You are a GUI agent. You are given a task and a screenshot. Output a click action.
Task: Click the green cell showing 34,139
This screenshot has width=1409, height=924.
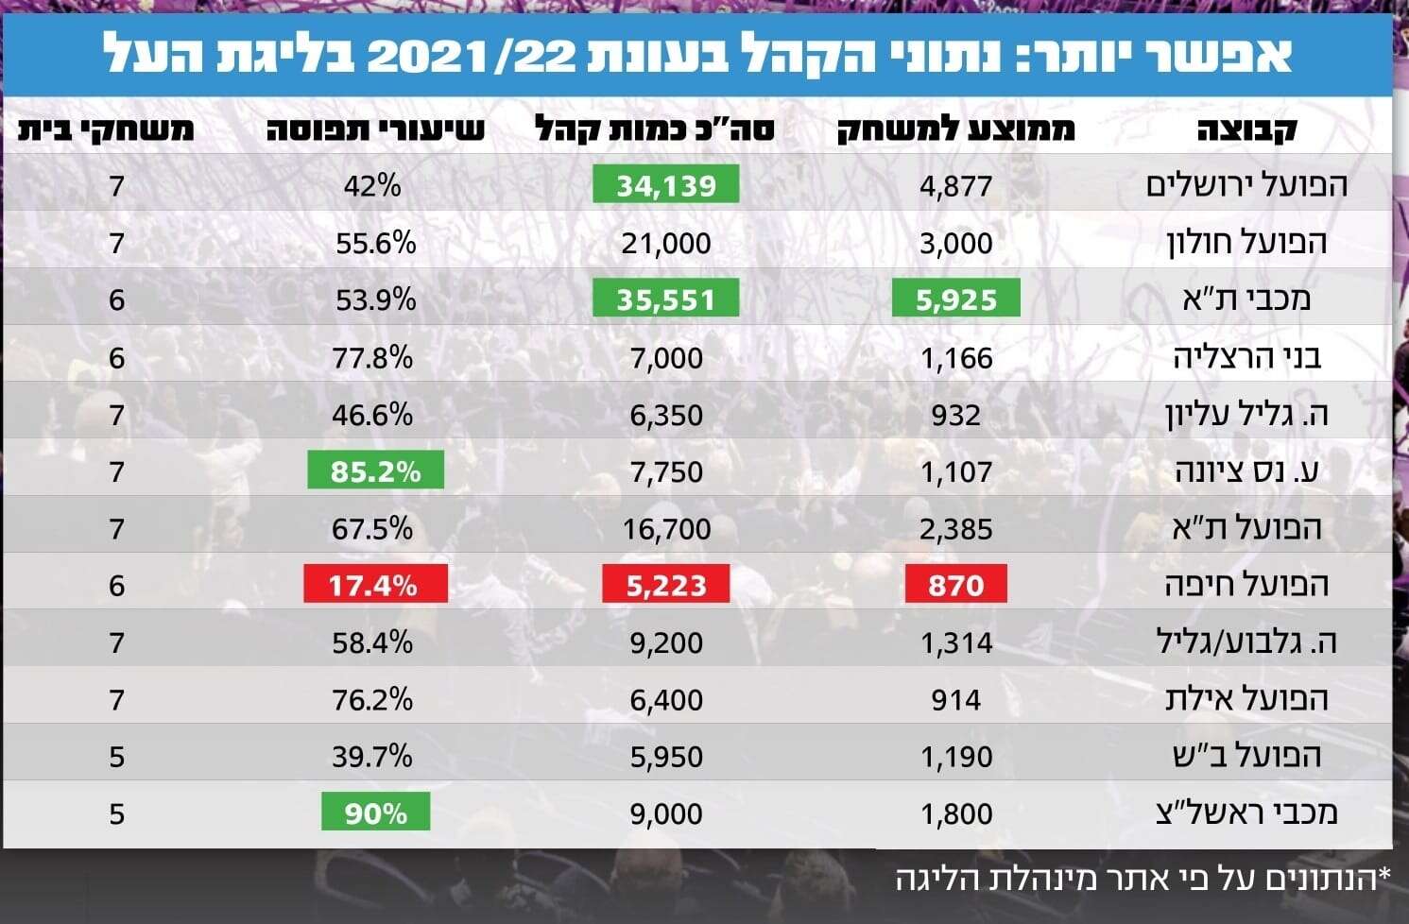click(x=665, y=185)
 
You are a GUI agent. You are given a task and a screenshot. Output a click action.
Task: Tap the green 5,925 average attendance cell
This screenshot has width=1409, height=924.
click(x=955, y=299)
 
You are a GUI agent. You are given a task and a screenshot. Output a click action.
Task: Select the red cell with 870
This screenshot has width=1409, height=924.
click(x=955, y=585)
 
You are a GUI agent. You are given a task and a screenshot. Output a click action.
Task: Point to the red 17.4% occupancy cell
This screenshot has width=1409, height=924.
click(x=374, y=585)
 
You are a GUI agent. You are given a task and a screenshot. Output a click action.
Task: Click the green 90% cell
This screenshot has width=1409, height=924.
click(x=375, y=813)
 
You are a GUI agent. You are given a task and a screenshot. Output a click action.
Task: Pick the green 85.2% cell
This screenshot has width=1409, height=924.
click(x=375, y=471)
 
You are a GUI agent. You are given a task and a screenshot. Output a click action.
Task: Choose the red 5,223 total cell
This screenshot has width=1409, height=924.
click(x=665, y=585)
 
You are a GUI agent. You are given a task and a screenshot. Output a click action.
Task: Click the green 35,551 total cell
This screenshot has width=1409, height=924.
click(x=665, y=299)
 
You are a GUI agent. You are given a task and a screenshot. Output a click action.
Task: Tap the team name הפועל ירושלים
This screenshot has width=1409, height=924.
click(x=1246, y=184)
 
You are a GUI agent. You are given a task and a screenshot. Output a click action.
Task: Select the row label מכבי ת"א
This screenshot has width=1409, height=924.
click(x=1246, y=299)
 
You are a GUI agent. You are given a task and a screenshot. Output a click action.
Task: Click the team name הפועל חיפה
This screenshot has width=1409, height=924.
click(x=1246, y=585)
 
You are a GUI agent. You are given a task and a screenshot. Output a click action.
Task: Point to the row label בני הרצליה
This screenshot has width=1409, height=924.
click(x=1246, y=357)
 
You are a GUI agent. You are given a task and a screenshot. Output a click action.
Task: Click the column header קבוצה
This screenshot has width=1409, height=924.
click(x=1246, y=128)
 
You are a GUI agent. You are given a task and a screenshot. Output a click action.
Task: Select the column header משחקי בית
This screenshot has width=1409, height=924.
click(x=106, y=128)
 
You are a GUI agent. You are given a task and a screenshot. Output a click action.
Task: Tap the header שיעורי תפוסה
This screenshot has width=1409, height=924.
click(x=375, y=128)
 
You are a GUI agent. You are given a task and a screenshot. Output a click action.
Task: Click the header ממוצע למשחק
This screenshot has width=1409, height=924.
click(x=955, y=128)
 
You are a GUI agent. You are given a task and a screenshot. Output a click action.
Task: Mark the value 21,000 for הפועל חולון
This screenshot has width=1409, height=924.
click(x=665, y=243)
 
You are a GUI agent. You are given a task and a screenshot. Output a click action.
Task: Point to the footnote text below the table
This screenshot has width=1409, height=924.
click(x=1143, y=879)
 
